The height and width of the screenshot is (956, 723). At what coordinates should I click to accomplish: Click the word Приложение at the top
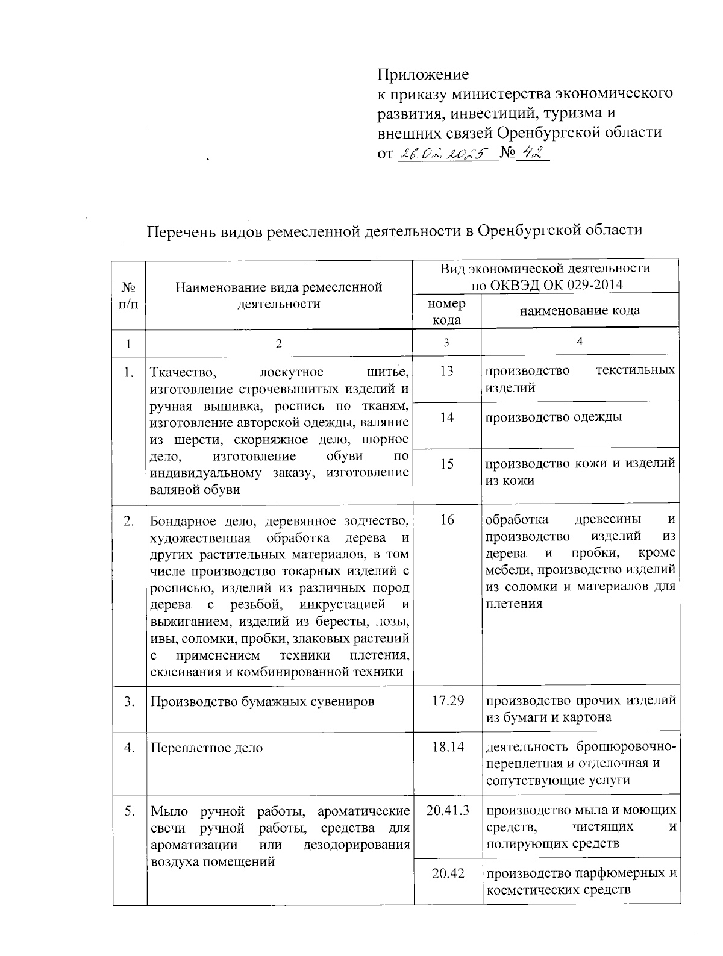pos(422,75)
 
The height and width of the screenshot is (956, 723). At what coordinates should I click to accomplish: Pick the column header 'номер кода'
pos(446,311)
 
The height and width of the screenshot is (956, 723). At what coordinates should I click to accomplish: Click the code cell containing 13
pos(446,371)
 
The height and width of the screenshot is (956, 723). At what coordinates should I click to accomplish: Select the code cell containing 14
pos(446,417)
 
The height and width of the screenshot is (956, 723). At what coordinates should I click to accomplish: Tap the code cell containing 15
pos(446,464)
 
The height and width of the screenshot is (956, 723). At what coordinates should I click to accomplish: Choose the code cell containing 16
pos(446,520)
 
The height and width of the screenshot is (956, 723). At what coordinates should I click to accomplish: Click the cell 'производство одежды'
pos(554,417)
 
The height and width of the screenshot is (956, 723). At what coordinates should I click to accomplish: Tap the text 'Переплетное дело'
pos(207,748)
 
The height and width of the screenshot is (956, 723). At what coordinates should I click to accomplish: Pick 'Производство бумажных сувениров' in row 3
pos(262,701)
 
